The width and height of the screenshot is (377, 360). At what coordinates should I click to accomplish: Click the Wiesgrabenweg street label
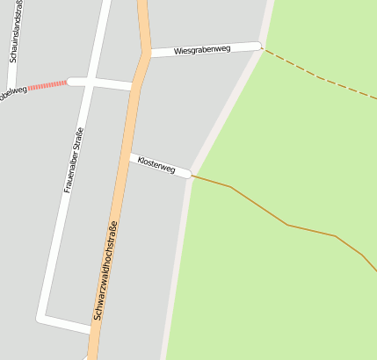pyautogui.click(x=202, y=50)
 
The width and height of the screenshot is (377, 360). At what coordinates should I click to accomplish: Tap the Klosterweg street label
pyautogui.click(x=156, y=165)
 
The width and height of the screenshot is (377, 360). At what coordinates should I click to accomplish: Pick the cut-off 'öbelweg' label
pyautogui.click(x=12, y=91)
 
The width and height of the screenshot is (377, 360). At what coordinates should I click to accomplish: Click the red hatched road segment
pyautogui.click(x=47, y=85)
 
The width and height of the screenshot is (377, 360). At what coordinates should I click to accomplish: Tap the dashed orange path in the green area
pyautogui.click(x=321, y=78)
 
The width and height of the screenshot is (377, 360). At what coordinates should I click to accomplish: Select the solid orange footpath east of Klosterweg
pyautogui.click(x=264, y=208)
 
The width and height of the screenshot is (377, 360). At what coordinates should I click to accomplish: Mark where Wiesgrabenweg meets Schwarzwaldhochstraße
pyautogui.click(x=147, y=54)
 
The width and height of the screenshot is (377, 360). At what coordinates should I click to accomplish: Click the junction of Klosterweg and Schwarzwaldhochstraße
pyautogui.click(x=131, y=157)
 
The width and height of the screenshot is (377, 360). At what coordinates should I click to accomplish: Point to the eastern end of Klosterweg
pyautogui.click(x=188, y=175)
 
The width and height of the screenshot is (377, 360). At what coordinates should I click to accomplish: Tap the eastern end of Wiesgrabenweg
pyautogui.click(x=259, y=46)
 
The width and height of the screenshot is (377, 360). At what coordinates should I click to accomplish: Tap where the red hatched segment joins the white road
pyautogui.click(x=69, y=82)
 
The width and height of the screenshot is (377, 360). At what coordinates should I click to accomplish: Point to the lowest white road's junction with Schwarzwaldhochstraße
pyautogui.click(x=91, y=329)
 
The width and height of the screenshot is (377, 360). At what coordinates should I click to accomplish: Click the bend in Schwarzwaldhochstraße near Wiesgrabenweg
pyautogui.click(x=145, y=54)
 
